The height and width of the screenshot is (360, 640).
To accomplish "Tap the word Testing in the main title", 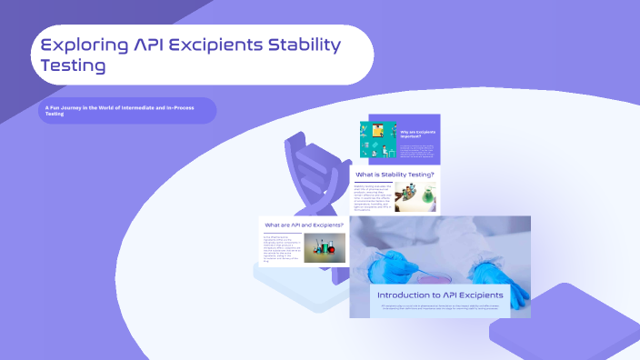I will [72, 65].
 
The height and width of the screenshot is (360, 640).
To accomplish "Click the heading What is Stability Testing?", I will [395, 174].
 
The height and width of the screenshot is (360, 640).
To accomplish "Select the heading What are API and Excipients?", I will [304, 225].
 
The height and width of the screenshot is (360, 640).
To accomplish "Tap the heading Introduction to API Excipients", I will [440, 295].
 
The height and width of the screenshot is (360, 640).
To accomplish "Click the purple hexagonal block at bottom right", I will [559, 323].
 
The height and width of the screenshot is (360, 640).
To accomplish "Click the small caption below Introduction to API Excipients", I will [440, 308].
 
